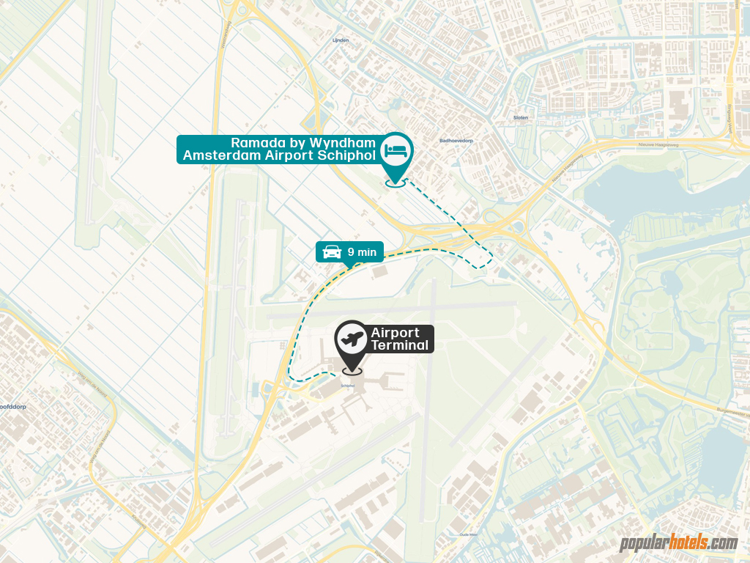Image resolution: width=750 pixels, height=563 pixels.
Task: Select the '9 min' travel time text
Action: coord(362,252)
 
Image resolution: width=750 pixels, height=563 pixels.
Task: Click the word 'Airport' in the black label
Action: coord(395,333)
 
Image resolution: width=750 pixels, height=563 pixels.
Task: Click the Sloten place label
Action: coord(520,117)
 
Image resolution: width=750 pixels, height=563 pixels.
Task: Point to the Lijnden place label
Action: coord(341,40)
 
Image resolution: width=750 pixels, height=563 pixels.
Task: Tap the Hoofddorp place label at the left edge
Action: coord(13,425)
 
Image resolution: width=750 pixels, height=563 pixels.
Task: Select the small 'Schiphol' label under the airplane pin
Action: coord(348,385)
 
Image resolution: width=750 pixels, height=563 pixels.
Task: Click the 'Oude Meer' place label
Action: coord(468,535)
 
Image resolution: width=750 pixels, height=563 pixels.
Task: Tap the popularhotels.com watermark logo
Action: coord(678,543)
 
